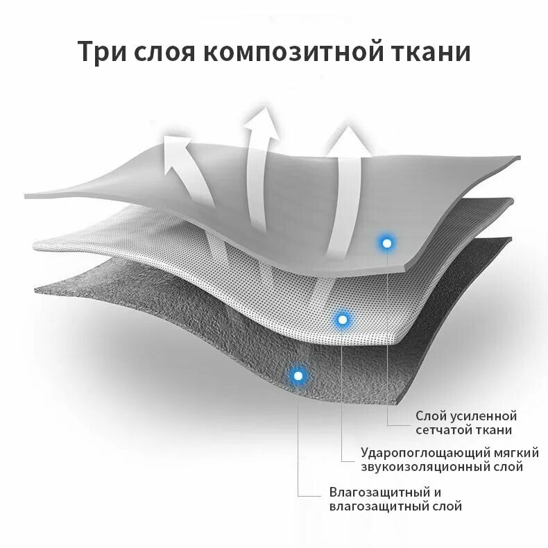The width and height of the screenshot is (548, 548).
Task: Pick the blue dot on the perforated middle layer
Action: [341, 320]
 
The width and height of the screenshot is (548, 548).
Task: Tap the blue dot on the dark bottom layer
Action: [299, 375]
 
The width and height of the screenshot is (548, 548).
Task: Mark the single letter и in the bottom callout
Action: [437, 493]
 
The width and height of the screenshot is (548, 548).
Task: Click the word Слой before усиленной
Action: [429, 416]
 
